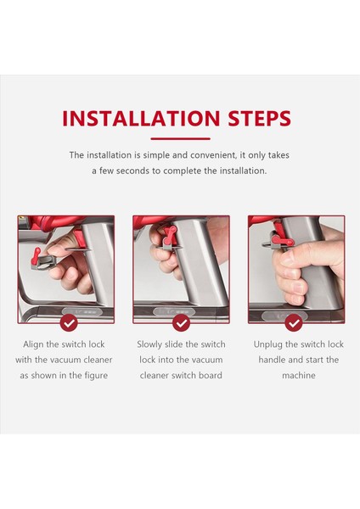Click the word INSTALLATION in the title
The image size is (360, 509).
tap(141, 118)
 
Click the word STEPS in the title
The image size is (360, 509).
tap(259, 118)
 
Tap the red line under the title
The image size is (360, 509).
tap(180, 138)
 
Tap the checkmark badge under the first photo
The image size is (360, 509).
tap(69, 323)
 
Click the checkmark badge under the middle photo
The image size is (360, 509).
tap(181, 323)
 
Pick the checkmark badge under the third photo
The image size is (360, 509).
tap(294, 323)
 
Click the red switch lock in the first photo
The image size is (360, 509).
tap(36, 255)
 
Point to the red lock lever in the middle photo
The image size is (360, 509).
tap(169, 236)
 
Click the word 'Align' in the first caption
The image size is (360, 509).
tap(33, 344)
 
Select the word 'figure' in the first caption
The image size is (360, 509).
tap(96, 376)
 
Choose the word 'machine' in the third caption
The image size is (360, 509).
tap(299, 376)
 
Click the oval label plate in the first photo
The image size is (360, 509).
tap(82, 312)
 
